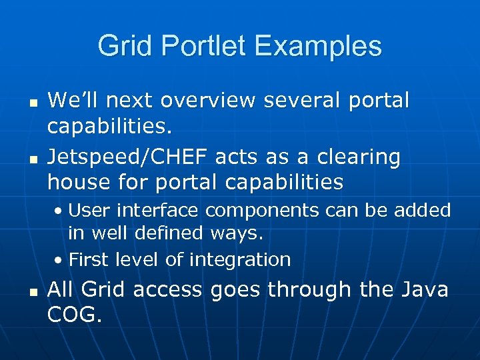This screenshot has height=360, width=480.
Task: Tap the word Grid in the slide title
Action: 126,46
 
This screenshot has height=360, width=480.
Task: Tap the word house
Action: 79,181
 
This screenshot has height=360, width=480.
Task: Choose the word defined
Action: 171,233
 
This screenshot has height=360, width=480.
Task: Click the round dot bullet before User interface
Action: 59,212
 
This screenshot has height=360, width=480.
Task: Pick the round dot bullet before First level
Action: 59,260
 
